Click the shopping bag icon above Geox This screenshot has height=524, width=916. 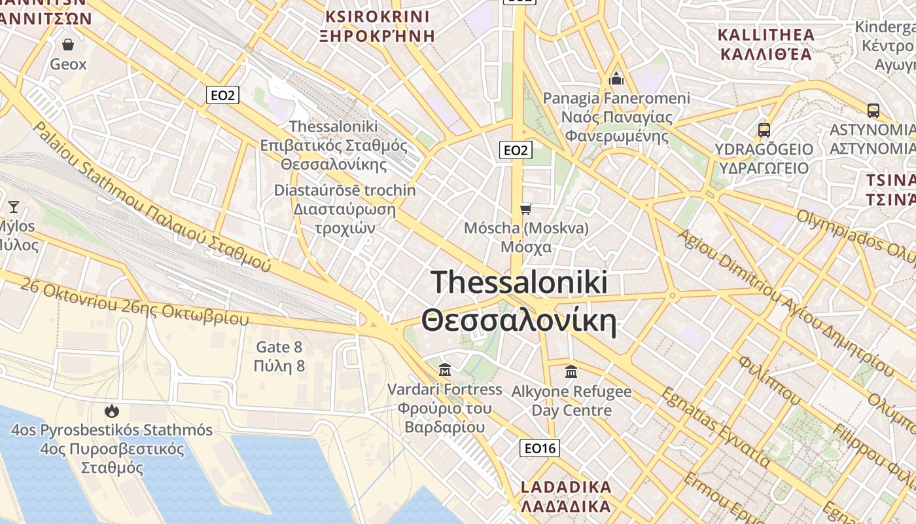tap(68, 45)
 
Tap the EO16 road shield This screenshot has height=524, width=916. tap(540, 448)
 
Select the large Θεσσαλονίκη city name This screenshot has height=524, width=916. tap(520, 322)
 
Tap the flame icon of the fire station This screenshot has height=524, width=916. tap(112, 411)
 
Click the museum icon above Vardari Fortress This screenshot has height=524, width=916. tap(445, 370)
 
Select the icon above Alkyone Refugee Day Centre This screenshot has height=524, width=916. tap(571, 371)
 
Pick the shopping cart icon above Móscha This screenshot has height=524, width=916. tap(525, 209)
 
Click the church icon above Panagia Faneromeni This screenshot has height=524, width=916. tap(616, 79)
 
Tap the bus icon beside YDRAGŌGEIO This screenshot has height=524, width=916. tap(764, 130)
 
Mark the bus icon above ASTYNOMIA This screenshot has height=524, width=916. tap(873, 110)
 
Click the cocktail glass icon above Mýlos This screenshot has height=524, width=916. tap(13, 207)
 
